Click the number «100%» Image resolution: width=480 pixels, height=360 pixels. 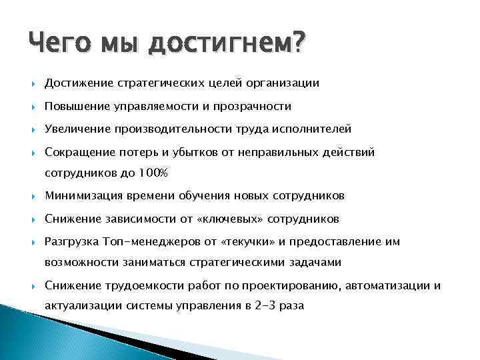(x=154, y=173)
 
